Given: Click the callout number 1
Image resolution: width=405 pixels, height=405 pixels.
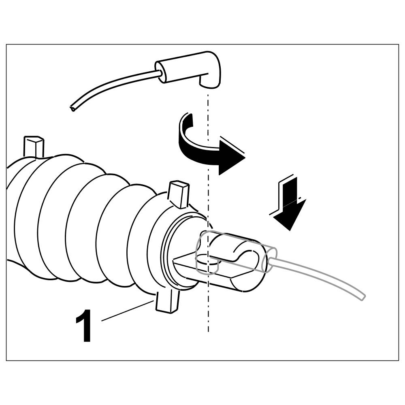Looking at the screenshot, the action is (84, 326).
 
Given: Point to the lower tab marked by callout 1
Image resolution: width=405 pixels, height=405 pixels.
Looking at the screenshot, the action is (167, 302).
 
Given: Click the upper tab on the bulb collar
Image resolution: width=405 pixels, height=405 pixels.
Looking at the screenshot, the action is (178, 194).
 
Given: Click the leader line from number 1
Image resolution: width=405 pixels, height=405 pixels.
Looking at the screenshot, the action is (126, 311).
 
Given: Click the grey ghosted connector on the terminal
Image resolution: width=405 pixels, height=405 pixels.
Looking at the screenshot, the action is (235, 251).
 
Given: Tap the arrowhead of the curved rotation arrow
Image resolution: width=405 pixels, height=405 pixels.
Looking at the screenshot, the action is (231, 156).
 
